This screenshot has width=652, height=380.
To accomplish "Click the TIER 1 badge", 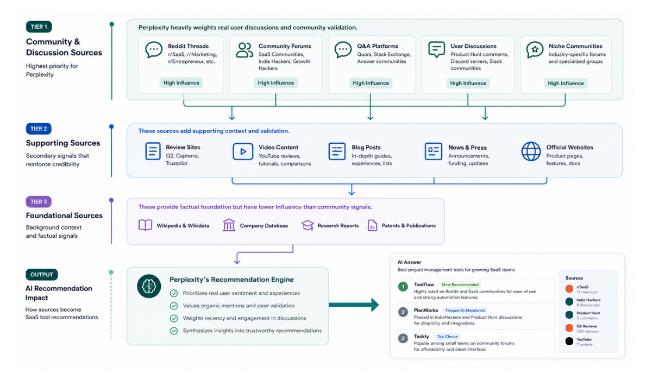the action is [x=39, y=27].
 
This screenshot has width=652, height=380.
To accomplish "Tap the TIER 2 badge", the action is [x=39, y=129].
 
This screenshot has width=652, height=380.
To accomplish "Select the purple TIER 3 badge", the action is [x=39, y=202].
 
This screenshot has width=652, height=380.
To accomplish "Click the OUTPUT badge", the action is [x=42, y=275].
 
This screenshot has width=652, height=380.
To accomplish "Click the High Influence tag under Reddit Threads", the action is [x=181, y=83].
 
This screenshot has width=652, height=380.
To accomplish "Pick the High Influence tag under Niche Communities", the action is [x=566, y=84].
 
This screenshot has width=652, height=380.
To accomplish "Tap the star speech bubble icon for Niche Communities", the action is [x=535, y=50].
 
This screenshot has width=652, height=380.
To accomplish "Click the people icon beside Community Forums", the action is [x=244, y=50].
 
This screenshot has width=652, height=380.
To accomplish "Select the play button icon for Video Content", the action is [x=243, y=151].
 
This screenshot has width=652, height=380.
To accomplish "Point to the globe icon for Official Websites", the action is [x=531, y=151].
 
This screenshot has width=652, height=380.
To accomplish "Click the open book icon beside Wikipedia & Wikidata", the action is [x=145, y=225].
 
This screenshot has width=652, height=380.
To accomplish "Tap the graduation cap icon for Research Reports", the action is [x=308, y=225].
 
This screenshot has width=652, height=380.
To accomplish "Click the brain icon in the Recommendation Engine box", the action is [x=149, y=287].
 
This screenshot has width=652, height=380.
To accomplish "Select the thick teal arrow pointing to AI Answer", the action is [x=354, y=305].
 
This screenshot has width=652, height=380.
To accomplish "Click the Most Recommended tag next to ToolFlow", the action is [x=460, y=285].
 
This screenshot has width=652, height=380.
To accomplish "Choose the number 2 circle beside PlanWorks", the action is [x=403, y=312].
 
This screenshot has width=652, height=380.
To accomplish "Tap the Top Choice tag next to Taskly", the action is [x=447, y=337].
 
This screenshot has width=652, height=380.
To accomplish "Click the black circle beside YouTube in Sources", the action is [x=569, y=341].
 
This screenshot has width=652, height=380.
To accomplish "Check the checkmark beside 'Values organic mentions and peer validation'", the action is [x=174, y=306].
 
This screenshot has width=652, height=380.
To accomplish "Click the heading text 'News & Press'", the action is [x=467, y=148].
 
